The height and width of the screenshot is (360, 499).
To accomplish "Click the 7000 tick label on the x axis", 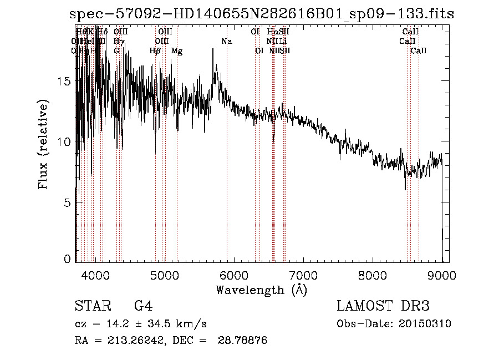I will (x=303, y=274).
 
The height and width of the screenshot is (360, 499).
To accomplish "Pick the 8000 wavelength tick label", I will (x=373, y=274).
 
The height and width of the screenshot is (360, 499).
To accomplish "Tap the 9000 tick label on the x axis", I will (x=442, y=274).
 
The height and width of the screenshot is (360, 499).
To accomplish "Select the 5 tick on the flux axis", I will (x=68, y=203).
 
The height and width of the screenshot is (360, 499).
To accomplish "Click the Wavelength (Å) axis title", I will (x=261, y=290).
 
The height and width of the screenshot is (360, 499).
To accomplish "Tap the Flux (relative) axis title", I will (x=43, y=144).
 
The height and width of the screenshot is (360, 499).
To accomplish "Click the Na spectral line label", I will (x=226, y=42).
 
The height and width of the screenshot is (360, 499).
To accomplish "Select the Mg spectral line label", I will (x=177, y=51).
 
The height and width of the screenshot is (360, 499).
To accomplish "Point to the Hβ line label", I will (x=155, y=51).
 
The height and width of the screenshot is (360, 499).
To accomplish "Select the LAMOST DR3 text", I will (x=383, y=306).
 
